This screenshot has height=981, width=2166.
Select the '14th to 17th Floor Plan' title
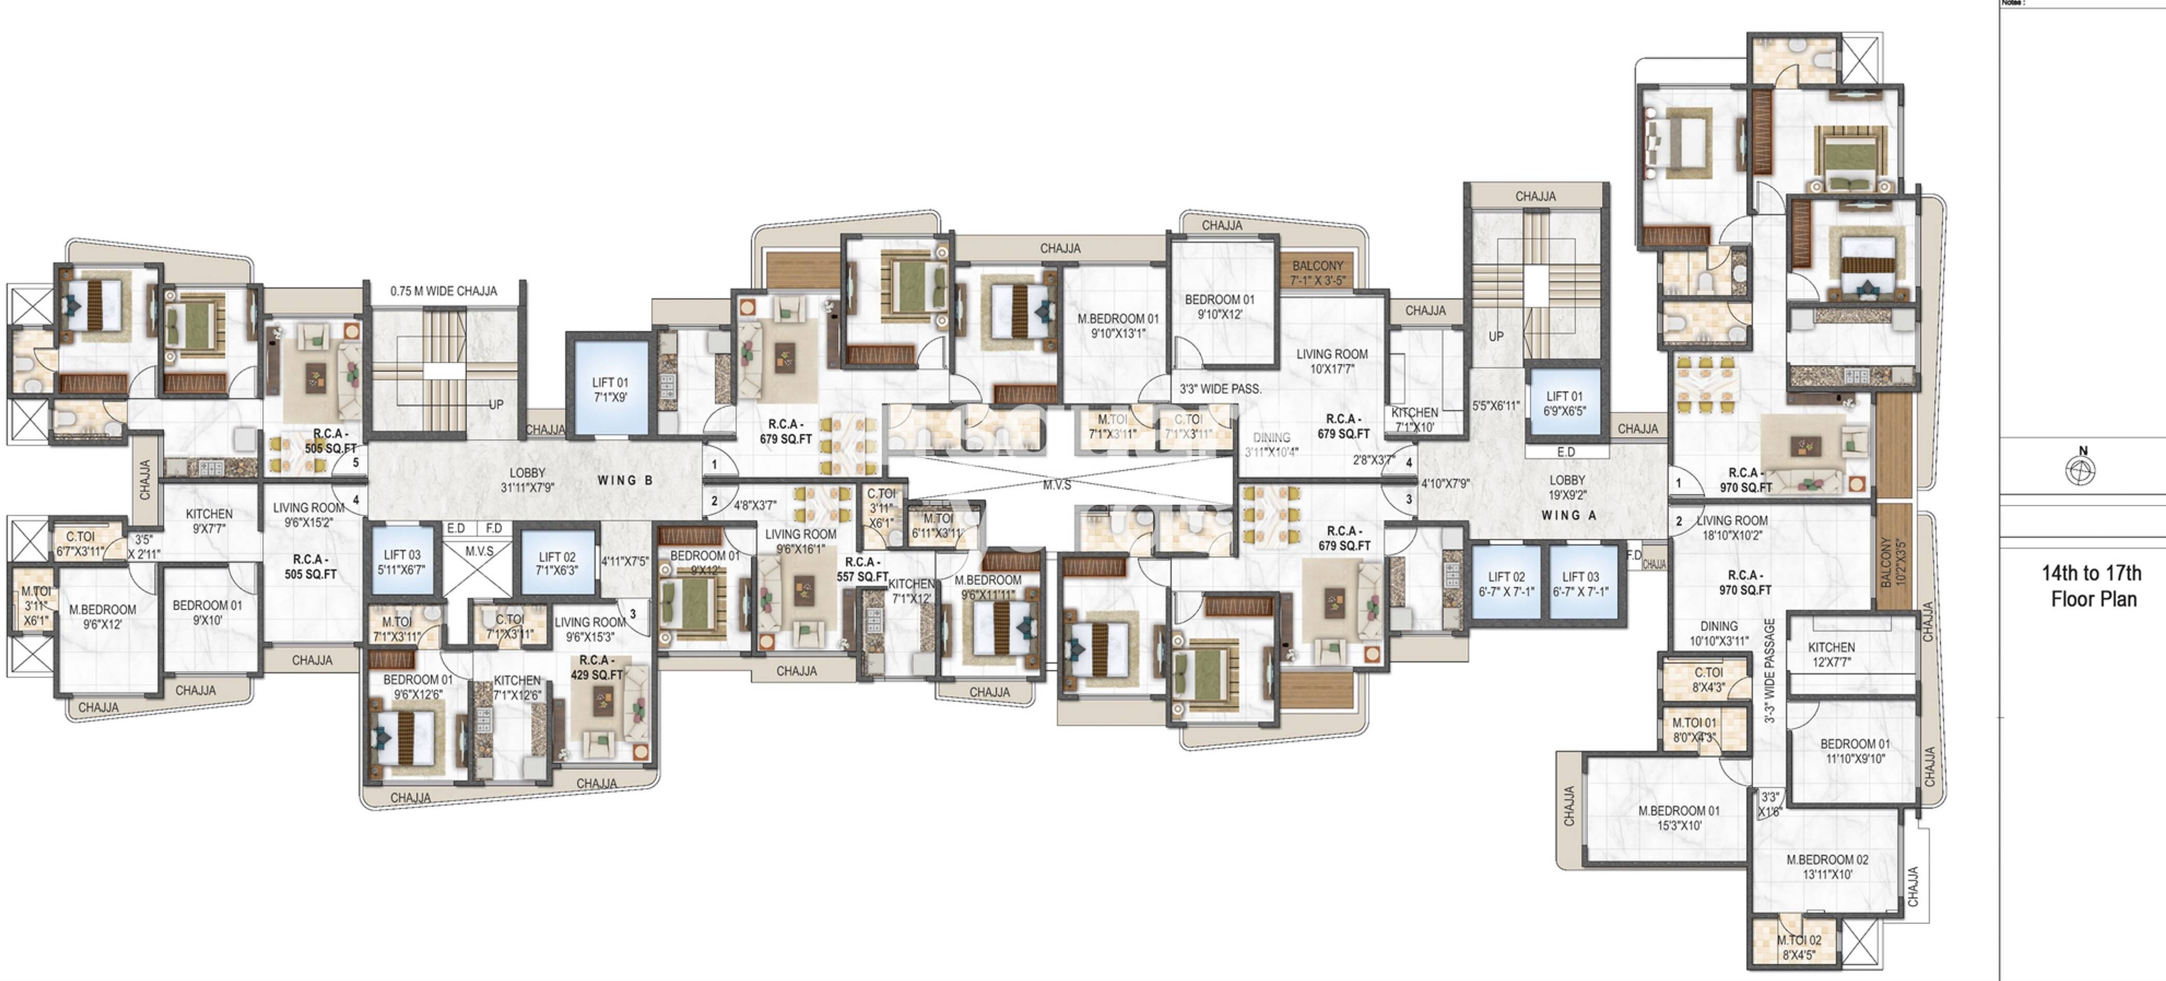point(2092,586)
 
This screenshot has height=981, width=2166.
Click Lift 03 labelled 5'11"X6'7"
point(402,562)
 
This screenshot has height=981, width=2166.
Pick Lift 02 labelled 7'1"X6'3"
point(556,563)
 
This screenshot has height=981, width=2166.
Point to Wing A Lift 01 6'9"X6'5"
point(1564,403)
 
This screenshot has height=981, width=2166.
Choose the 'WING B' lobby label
point(625,480)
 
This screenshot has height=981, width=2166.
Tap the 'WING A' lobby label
point(1568,515)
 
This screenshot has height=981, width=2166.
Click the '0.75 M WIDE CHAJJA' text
point(443,291)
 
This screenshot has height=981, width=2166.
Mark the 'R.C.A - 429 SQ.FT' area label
point(596,667)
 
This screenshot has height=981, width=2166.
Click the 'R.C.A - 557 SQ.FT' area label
point(862,569)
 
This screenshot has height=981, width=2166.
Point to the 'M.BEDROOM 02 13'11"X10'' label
point(1827,867)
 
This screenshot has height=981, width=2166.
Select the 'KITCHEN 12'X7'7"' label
point(1831,654)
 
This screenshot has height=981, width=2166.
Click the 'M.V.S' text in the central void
point(1057,486)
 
